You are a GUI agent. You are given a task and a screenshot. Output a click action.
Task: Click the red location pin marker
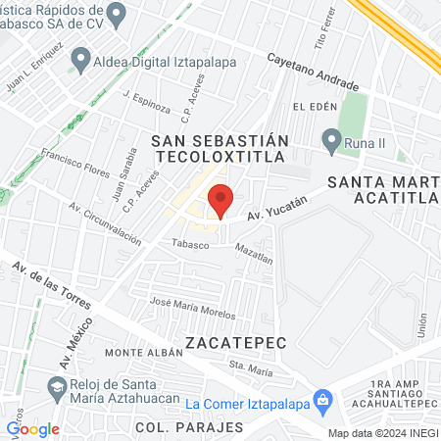click(x=221, y=200)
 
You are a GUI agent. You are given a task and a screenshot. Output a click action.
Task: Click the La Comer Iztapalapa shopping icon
click(x=324, y=401)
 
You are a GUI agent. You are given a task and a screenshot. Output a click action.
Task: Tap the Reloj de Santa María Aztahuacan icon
click(x=58, y=387)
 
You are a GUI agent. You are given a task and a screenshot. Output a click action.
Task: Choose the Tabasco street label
click(x=190, y=245)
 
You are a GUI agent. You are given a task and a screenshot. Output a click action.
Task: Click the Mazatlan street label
click(x=252, y=256)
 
